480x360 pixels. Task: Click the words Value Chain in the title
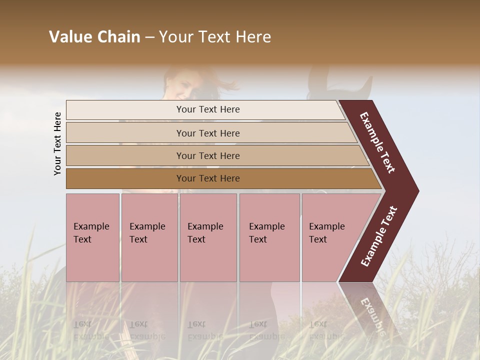94,37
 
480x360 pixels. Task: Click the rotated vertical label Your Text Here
57,143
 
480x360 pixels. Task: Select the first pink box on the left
92,237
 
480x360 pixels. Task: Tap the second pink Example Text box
149,237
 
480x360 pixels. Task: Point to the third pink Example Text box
208,237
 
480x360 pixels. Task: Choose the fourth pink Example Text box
269,237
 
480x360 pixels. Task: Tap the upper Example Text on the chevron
378,142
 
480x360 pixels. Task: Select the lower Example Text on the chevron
379,236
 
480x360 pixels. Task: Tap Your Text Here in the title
215,37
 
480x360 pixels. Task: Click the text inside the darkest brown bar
208,178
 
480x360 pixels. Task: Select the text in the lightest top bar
208,109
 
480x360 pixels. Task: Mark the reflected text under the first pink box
91,330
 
